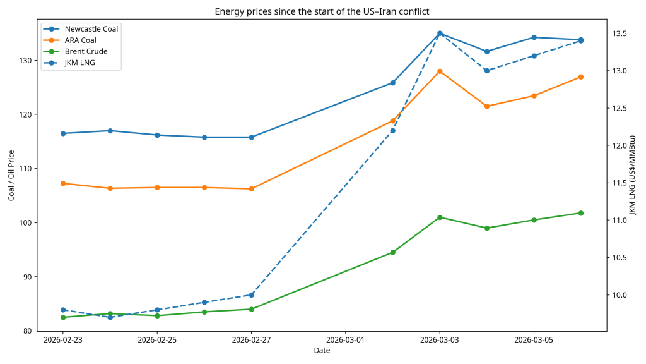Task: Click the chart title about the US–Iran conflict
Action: pos(322,11)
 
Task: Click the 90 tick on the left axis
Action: pos(26,277)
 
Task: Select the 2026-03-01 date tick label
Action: pos(346,340)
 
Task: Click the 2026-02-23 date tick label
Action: pos(63,340)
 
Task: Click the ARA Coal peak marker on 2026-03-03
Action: pos(440,71)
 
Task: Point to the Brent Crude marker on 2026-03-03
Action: pos(440,217)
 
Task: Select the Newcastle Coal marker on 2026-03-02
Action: pos(392,83)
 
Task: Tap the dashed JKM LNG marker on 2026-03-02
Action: pos(392,131)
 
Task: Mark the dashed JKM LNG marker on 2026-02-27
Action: pos(251,295)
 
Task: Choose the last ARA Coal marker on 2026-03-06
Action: pos(581,77)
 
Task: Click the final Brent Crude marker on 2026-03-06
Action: pos(581,213)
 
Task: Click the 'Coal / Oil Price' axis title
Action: pos(11,174)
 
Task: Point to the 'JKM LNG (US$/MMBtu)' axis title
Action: pos(633,174)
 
